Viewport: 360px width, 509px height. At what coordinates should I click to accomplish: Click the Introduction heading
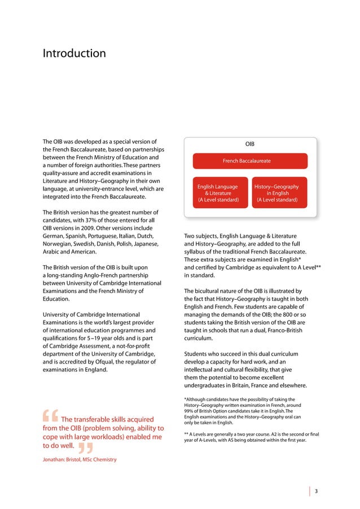click(74, 54)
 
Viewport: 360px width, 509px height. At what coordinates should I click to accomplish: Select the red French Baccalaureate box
click(246, 161)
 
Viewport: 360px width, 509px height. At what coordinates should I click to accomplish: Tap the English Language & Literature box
click(218, 193)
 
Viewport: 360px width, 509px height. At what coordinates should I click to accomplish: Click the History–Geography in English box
click(276, 193)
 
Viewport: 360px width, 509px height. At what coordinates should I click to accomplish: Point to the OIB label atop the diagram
click(249, 144)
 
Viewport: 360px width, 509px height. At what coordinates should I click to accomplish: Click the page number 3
click(317, 491)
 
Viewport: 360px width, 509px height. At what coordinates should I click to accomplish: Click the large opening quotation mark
click(51, 416)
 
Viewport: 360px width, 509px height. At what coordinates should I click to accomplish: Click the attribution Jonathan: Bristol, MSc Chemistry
click(80, 460)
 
